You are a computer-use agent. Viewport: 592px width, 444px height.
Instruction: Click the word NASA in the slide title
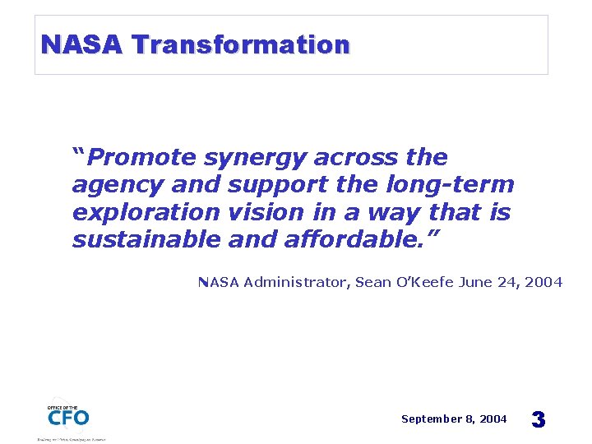click(x=81, y=44)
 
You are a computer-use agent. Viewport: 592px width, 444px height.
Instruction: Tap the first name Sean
click(x=373, y=282)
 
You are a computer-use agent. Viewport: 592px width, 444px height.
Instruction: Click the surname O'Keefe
click(x=427, y=282)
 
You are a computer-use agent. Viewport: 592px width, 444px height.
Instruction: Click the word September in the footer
click(x=431, y=419)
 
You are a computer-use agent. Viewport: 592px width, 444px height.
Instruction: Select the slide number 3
click(x=538, y=419)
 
